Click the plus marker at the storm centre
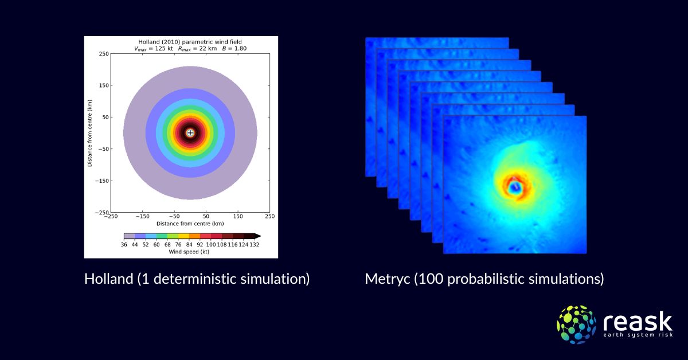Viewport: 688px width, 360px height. coord(190,133)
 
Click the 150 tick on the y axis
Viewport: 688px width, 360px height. coord(103,85)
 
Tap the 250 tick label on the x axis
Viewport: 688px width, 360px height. coord(269,217)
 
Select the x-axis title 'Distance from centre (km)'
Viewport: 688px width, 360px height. coord(190,224)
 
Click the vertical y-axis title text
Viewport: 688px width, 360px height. coord(90,133)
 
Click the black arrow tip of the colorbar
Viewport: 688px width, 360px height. coord(259,236)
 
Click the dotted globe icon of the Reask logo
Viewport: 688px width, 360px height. coord(576,324)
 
